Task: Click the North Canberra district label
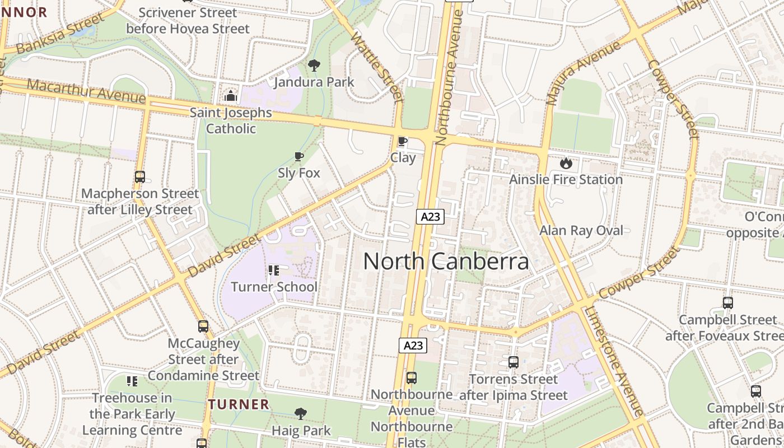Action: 446,262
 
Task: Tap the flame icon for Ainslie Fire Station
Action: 566,163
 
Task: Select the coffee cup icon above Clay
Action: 402,141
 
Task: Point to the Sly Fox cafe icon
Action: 299,157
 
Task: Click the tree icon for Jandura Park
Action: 314,66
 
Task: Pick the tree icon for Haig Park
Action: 301,414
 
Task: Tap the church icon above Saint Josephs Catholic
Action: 230,96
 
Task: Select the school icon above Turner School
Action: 274,270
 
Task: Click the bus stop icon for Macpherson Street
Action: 140,177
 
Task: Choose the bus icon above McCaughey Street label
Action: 203,326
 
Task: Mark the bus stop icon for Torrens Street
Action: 514,362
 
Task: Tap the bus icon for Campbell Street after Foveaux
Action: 727,303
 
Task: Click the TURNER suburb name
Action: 239,404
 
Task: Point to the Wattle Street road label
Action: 377,67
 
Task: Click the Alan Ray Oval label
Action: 581,231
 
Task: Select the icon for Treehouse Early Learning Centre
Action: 132,381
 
